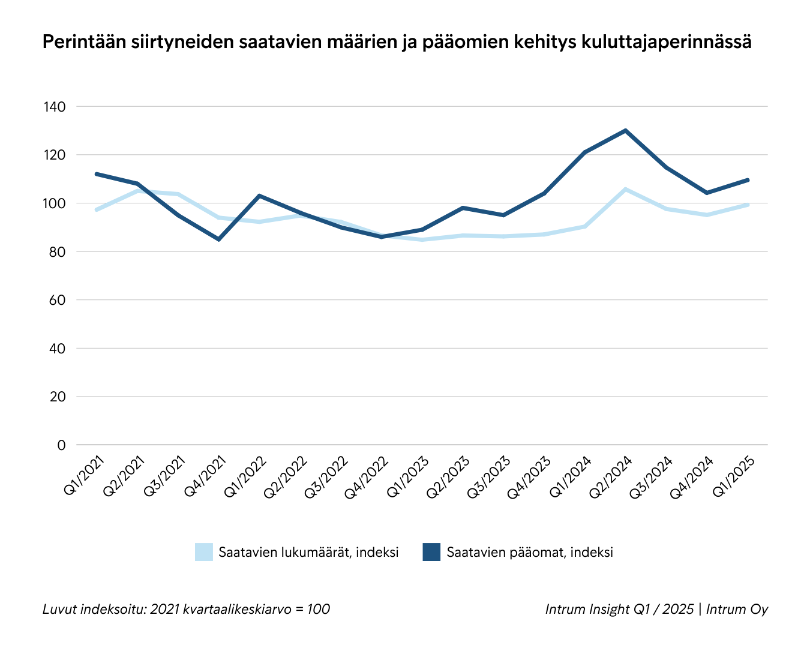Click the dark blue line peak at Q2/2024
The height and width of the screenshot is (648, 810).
coord(626,130)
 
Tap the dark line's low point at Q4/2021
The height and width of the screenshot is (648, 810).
coord(219,239)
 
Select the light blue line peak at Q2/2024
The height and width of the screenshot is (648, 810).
coord(626,189)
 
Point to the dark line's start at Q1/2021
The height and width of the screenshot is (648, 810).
coord(97,174)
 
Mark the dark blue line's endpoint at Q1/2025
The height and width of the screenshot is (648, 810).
coord(748,180)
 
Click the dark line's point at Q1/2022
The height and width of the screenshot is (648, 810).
coord(259,196)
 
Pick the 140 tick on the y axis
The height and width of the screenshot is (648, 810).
coord(54,107)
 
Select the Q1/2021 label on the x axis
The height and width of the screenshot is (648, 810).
coord(85,475)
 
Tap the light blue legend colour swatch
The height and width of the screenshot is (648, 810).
coord(204,552)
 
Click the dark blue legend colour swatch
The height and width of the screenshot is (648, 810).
coord(431,552)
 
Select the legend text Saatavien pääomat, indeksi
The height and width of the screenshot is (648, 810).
coord(530,553)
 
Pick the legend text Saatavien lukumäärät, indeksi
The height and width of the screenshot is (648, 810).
coord(308,553)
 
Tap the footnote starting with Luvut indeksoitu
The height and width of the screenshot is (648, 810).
coord(186,609)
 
